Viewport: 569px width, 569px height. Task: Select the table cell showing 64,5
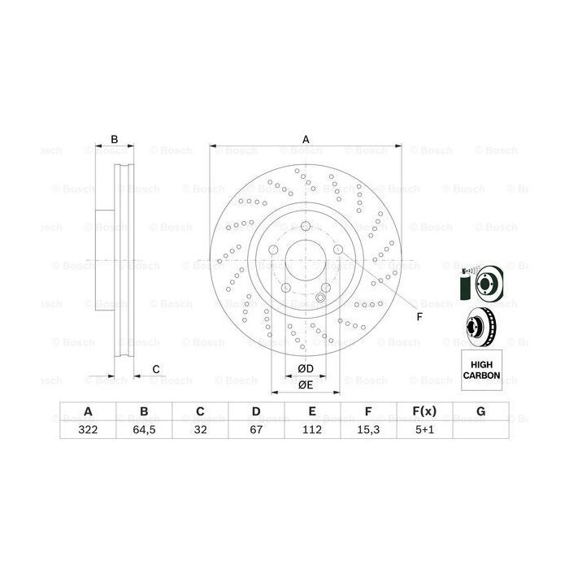pyautogui.click(x=143, y=431)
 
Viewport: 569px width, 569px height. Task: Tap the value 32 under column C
pyautogui.click(x=199, y=431)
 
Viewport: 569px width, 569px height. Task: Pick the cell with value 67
pyautogui.click(x=255, y=431)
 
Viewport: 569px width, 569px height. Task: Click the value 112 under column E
pyautogui.click(x=312, y=431)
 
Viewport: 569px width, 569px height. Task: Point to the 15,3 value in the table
pyautogui.click(x=368, y=431)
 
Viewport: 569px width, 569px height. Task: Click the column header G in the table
pyautogui.click(x=481, y=412)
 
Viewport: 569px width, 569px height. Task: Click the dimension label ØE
pyautogui.click(x=306, y=384)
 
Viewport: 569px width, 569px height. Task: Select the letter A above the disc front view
pyautogui.click(x=306, y=140)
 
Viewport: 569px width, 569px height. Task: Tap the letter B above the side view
pyautogui.click(x=115, y=140)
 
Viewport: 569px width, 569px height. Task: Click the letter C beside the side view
pyautogui.click(x=155, y=371)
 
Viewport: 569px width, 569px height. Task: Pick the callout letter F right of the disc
pyautogui.click(x=419, y=316)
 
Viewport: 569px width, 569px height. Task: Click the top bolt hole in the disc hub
pyautogui.click(x=306, y=227)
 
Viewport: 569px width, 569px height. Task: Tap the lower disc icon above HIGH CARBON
pyautogui.click(x=481, y=328)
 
